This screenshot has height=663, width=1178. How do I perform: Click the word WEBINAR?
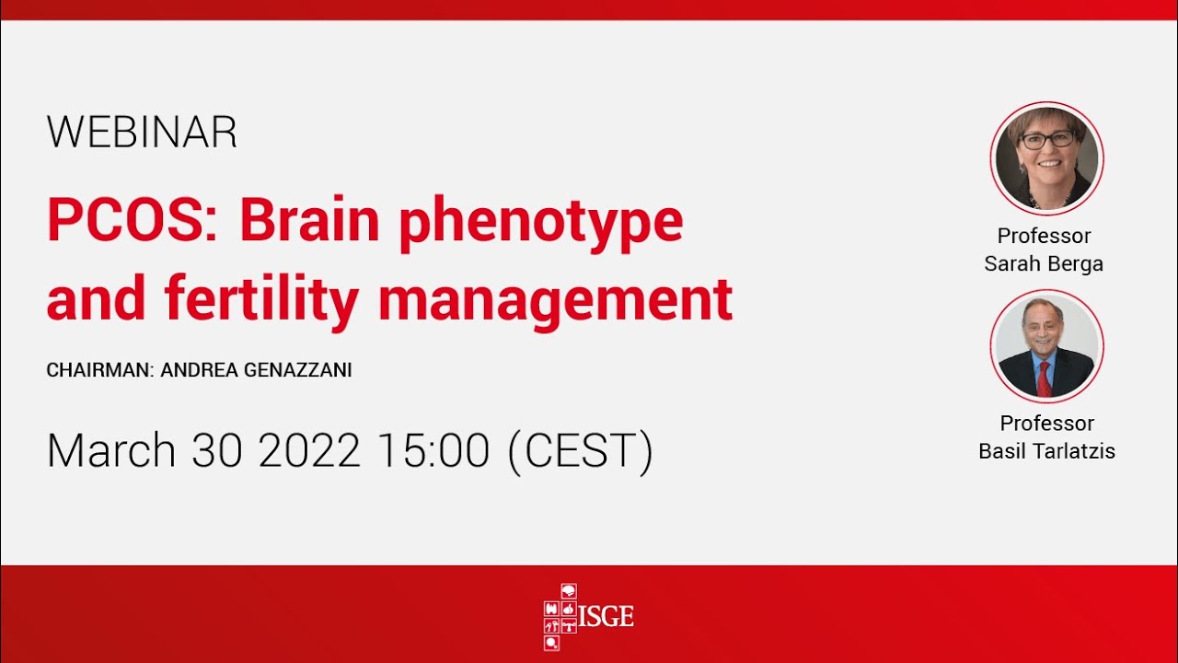point(142,133)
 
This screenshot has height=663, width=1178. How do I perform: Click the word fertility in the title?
point(262,299)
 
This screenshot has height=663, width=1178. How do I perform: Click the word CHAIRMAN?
point(98,370)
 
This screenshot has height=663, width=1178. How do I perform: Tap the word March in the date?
point(110,450)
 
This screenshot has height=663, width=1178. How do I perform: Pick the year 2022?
point(309,450)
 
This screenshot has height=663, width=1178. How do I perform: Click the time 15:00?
point(433,450)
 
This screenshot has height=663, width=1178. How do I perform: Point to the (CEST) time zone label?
point(580,451)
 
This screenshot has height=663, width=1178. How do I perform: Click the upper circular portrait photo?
point(1046,157)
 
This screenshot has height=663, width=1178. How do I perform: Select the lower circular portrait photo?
point(1046,346)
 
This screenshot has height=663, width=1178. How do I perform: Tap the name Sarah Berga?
point(1044,264)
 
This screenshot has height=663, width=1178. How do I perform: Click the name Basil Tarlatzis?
point(1046,452)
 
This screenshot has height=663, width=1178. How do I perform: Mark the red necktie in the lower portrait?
point(1044,378)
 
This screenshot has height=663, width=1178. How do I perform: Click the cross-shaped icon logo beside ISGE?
point(560,616)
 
